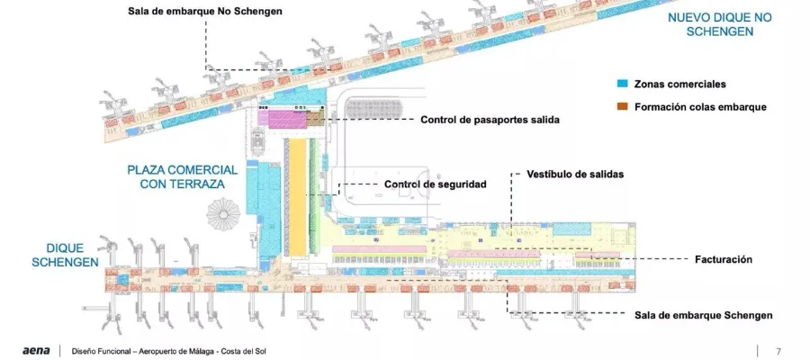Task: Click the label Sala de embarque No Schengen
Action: pyautogui.click(x=205, y=12)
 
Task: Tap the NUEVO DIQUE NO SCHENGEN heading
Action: pyautogui.click(x=720, y=24)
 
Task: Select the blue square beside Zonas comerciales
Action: pyautogui.click(x=621, y=84)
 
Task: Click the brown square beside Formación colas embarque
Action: pyautogui.click(x=621, y=106)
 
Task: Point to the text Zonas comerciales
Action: pyautogui.click(x=679, y=84)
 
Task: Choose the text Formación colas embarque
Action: pyautogui.click(x=700, y=106)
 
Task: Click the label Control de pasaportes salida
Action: pyautogui.click(x=490, y=119)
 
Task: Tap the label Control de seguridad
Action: pyautogui.click(x=435, y=184)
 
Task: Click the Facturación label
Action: pyautogui.click(x=723, y=259)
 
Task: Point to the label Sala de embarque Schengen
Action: pyautogui.click(x=703, y=315)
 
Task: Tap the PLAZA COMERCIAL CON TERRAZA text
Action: pyautogui.click(x=182, y=176)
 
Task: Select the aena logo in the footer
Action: pyautogui.click(x=36, y=351)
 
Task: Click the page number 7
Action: pyautogui.click(x=778, y=351)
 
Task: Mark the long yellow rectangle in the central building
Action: pyautogui.click(x=298, y=197)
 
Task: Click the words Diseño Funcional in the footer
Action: pyautogui.click(x=96, y=351)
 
